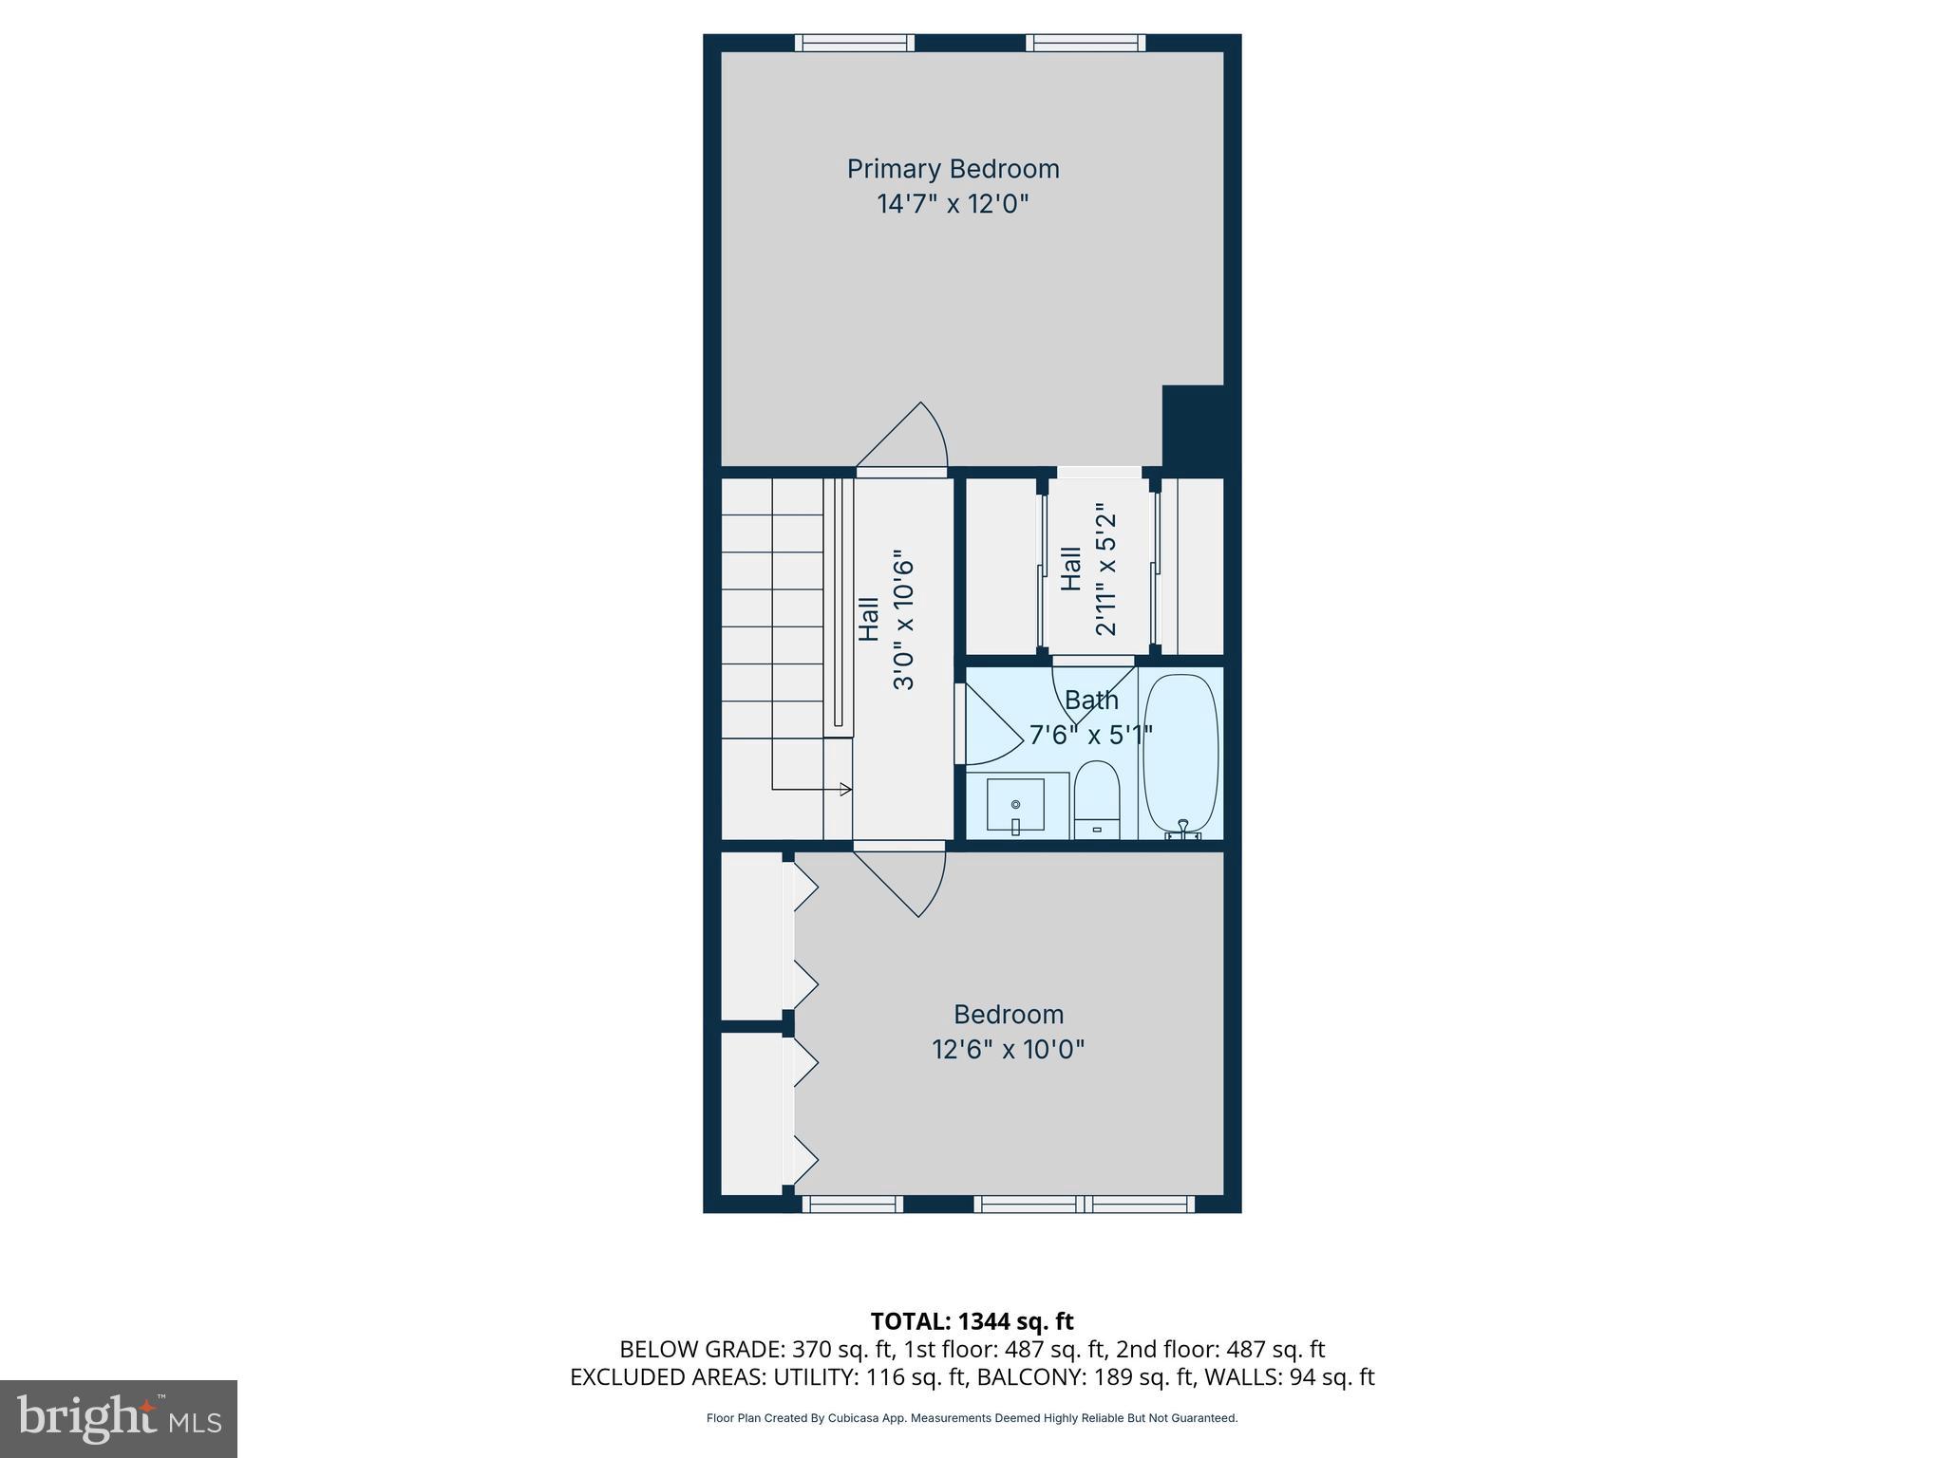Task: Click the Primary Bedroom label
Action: pos(953,169)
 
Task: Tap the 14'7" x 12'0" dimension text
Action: pos(953,204)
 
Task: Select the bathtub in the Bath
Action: pos(1180,755)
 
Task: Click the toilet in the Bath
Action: pos(1097,799)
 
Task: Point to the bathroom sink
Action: pos(1015,806)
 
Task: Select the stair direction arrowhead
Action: pos(845,789)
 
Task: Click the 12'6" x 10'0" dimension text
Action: pos(1008,1050)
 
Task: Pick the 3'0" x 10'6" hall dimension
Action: pos(903,624)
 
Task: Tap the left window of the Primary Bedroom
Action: pos(854,43)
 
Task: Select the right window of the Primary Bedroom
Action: pos(1085,43)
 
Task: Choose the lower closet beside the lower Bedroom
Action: pos(751,1113)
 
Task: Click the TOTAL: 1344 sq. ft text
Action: pos(972,1321)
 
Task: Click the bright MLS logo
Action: pos(119,1418)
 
